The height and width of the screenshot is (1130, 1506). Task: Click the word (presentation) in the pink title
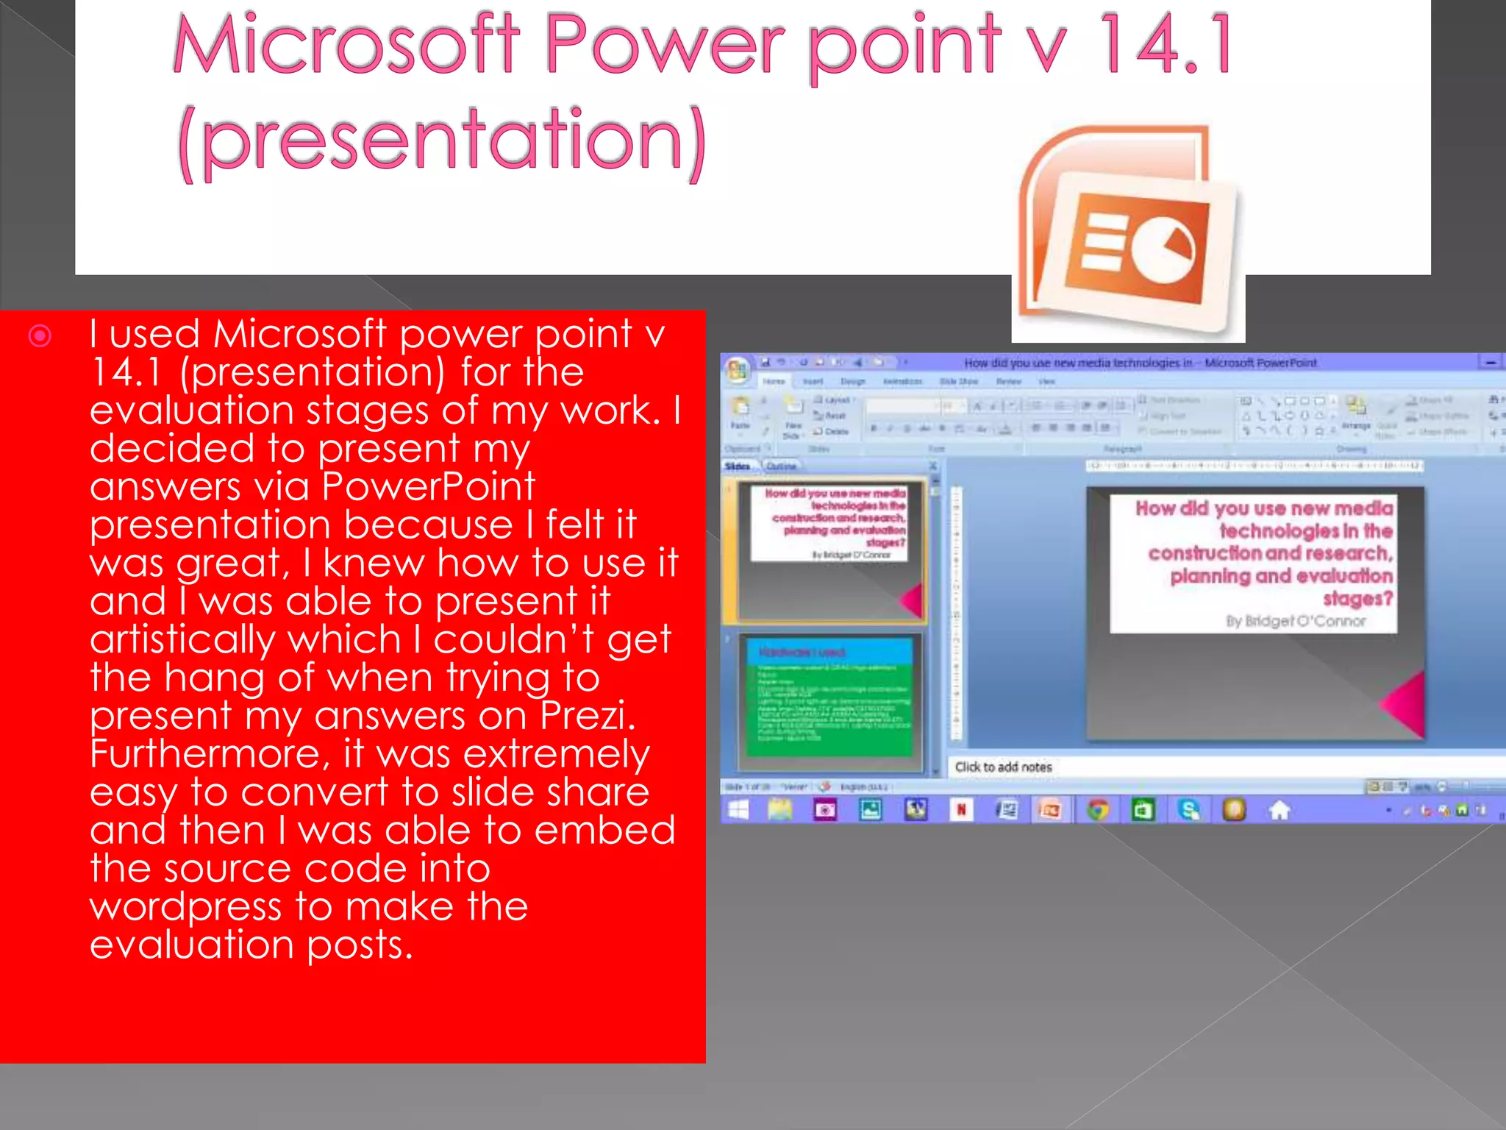pyautogui.click(x=442, y=140)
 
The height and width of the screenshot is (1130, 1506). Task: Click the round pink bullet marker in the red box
pyautogui.click(x=40, y=336)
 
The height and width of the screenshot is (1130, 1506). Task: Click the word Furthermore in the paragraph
pyautogui.click(x=205, y=753)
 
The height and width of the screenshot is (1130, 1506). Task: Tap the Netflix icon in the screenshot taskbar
pyautogui.click(x=960, y=810)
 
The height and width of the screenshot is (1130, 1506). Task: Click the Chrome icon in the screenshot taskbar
pyautogui.click(x=1097, y=810)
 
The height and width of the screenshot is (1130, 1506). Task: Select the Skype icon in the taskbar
pyautogui.click(x=1188, y=810)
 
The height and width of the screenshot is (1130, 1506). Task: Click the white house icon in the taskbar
pyautogui.click(x=1280, y=810)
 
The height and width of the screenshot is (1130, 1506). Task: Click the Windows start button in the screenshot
pyautogui.click(x=738, y=810)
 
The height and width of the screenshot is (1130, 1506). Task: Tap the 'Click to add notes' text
pyautogui.click(x=1003, y=767)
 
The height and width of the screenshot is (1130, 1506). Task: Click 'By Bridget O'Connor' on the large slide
pyautogui.click(x=1295, y=621)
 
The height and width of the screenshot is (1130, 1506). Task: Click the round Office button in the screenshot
pyautogui.click(x=737, y=369)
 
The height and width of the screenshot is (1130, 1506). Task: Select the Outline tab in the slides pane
pyautogui.click(x=781, y=466)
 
